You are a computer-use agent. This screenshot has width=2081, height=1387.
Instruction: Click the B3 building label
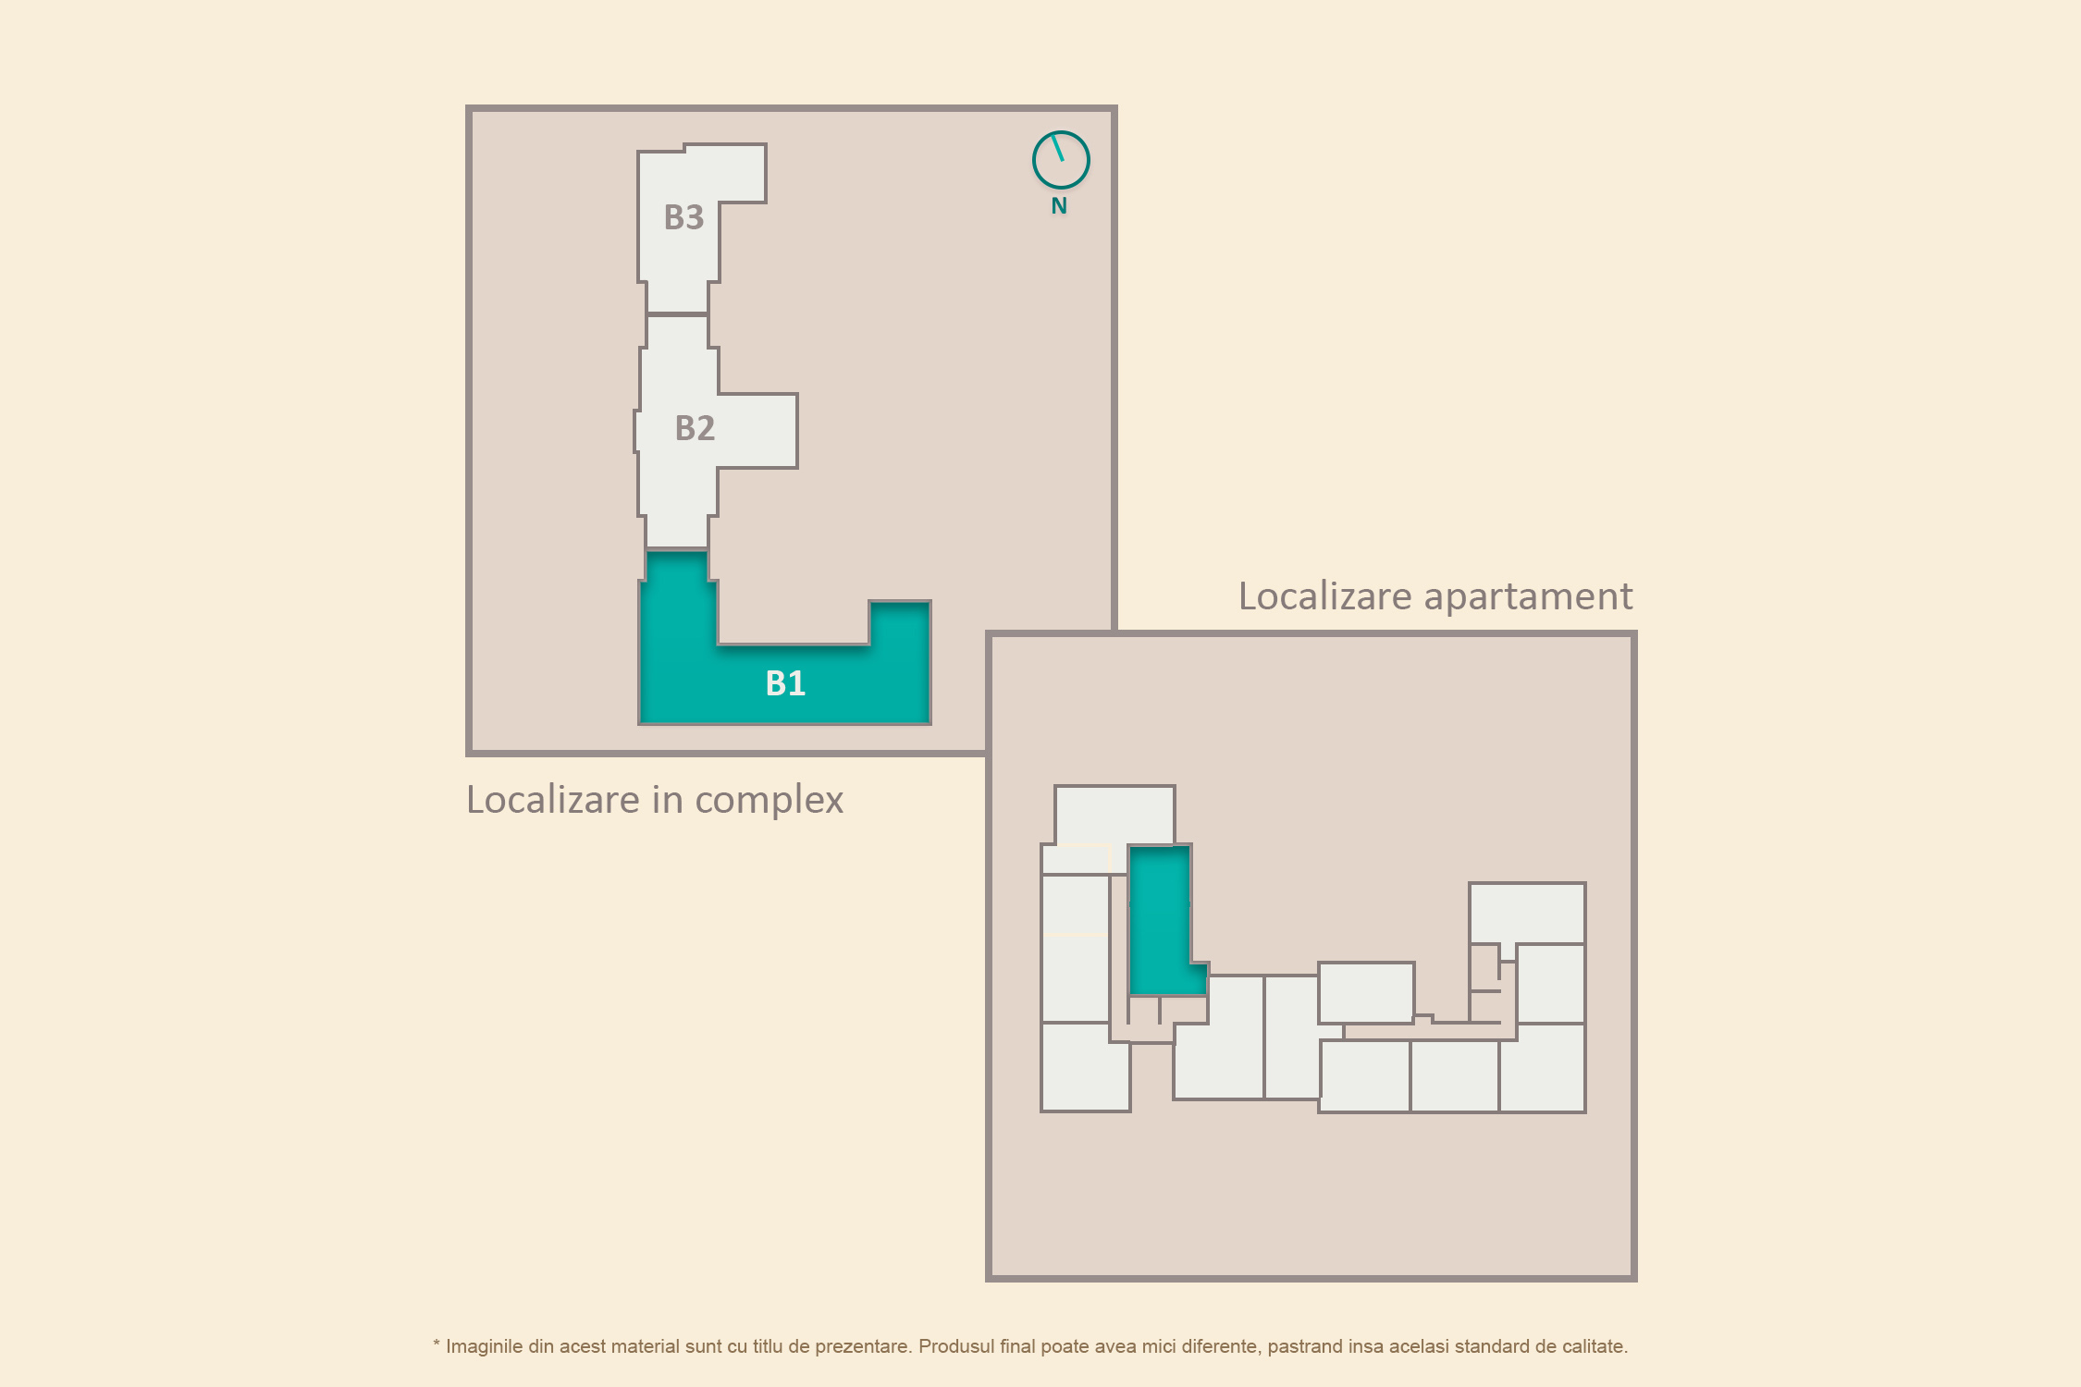tap(683, 217)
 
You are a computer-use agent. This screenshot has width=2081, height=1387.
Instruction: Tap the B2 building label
tap(695, 428)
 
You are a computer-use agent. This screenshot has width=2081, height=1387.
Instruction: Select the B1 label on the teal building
tap(785, 683)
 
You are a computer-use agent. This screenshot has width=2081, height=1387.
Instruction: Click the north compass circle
tap(1061, 160)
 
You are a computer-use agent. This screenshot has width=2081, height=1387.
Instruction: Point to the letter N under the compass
tap(1059, 206)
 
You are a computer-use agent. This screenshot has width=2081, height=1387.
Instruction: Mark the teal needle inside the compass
tap(1058, 148)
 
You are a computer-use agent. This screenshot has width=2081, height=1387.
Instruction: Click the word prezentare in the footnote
tap(865, 1347)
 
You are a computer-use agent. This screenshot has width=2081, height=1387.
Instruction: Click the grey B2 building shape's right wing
tap(757, 431)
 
